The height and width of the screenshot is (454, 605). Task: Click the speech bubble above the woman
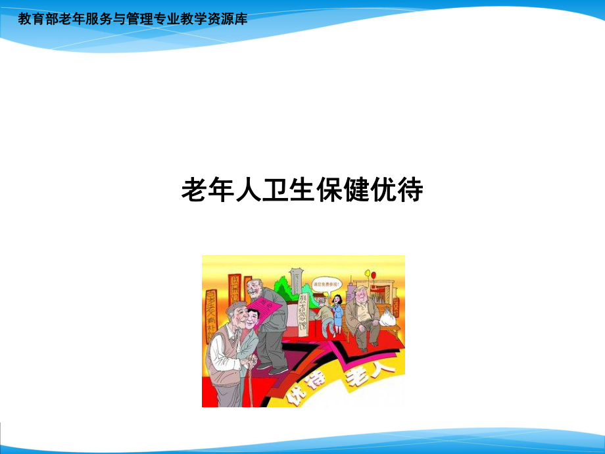(326, 284)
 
